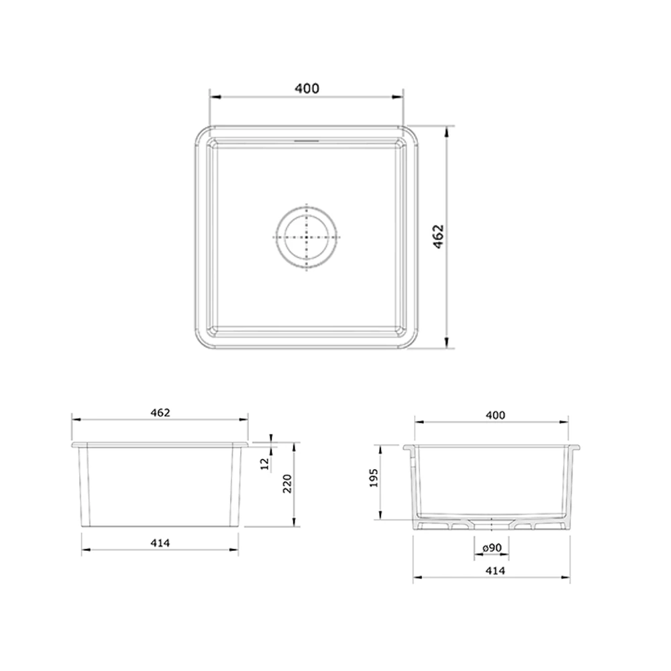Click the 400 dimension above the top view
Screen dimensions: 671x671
(307, 88)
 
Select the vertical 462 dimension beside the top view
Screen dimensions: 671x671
(437, 238)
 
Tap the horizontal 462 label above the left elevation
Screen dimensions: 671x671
(160, 413)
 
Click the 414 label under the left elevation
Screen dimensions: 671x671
(160, 542)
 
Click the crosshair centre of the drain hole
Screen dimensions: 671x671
(307, 238)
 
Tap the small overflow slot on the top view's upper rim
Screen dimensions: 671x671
(307, 141)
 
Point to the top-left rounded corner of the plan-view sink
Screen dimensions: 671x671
(202, 134)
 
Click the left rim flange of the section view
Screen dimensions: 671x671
(409, 446)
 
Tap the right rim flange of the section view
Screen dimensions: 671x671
(574, 446)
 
